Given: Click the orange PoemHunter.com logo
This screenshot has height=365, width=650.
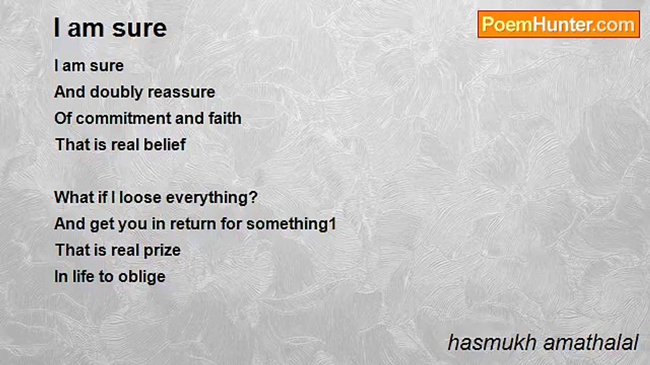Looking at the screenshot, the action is [x=559, y=24].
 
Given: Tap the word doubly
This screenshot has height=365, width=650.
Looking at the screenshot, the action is [x=116, y=93].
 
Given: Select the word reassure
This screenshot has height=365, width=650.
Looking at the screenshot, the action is [x=181, y=92].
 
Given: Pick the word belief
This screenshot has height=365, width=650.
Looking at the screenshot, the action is [x=165, y=144].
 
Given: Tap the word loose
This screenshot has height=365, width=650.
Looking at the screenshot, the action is [x=140, y=197].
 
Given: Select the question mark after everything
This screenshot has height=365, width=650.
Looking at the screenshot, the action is [x=253, y=197].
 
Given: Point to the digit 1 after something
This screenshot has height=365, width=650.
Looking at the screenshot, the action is [x=333, y=224].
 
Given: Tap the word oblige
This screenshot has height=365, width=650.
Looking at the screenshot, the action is [x=142, y=277].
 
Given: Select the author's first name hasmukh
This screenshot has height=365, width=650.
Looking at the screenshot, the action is [x=492, y=343].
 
